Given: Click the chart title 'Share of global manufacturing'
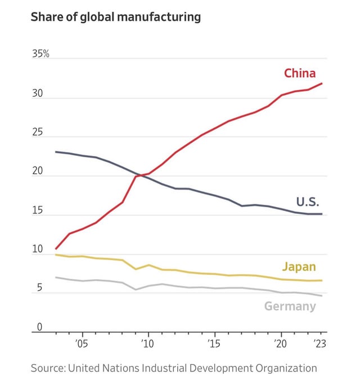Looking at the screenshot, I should (115, 17).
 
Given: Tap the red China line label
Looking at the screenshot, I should (299, 73).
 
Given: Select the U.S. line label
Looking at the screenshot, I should (308, 202).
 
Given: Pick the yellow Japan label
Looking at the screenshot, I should (298, 267).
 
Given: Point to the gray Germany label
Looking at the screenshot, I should (290, 306).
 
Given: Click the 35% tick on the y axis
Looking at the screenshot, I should (40, 54).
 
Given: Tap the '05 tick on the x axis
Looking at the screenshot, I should (81, 343).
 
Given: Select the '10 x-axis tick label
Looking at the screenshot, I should (147, 343).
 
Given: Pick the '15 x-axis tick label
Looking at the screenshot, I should (213, 343).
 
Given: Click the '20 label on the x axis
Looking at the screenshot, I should (280, 343).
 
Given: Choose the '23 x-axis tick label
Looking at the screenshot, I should (319, 343).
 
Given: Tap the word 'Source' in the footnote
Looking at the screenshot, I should (47, 368).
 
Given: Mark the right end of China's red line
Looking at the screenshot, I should (322, 83).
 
